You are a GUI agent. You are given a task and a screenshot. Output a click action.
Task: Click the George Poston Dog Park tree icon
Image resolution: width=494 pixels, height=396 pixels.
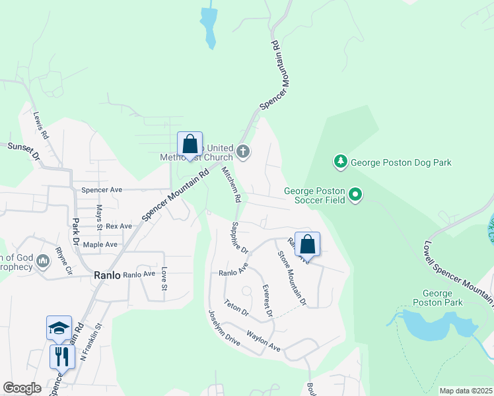point(340,162)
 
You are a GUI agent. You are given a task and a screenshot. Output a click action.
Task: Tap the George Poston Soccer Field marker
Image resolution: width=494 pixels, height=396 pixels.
point(356,195)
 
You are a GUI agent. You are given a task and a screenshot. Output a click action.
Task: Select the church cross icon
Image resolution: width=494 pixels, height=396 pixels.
point(243,152)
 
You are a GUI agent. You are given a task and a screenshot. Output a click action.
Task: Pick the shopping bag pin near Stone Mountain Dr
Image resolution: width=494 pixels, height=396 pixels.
point(307,244)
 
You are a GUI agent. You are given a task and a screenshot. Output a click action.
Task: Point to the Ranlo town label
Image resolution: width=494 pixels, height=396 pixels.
point(106,275)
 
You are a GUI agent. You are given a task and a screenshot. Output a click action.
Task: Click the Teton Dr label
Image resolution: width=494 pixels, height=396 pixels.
point(235,307)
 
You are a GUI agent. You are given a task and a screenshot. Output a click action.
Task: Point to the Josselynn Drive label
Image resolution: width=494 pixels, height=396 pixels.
point(224,328)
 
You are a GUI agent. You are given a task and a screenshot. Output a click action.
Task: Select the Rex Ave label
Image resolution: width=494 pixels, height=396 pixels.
point(119,226)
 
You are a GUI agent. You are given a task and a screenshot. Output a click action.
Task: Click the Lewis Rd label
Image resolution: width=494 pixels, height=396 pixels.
point(41,125)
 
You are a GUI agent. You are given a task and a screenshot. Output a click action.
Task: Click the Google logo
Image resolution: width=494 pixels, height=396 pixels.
point(22,388)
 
